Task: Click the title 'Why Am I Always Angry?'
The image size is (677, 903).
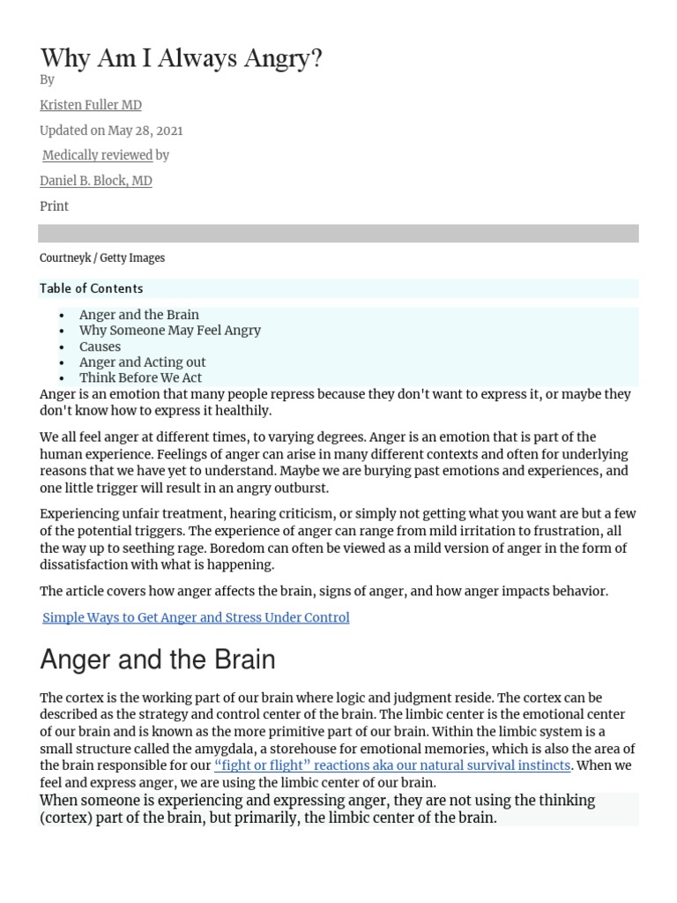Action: [181, 58]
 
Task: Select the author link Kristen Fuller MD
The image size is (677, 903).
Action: [91, 105]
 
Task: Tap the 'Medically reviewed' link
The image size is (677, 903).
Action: [98, 155]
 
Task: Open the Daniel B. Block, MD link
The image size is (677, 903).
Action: [96, 181]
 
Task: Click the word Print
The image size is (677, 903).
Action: [54, 206]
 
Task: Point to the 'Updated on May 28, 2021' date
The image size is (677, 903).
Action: [111, 131]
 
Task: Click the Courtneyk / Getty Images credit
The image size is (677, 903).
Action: [102, 258]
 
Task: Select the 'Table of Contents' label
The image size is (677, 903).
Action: [91, 288]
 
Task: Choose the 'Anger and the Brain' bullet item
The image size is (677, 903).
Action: [139, 315]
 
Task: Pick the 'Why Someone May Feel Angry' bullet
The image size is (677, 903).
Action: [170, 331]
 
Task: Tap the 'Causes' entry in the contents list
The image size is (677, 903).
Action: [100, 347]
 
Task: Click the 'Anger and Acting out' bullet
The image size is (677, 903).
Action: [143, 362]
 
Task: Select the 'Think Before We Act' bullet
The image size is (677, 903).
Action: [141, 378]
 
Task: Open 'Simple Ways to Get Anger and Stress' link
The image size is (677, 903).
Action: [196, 617]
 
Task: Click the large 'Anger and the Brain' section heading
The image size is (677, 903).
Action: [158, 660]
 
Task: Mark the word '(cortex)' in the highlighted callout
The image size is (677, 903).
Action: [67, 817]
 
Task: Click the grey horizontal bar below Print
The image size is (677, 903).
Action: [338, 233]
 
